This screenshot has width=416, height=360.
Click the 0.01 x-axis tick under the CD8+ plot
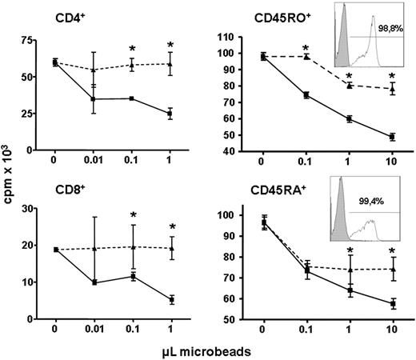click(x=94, y=329)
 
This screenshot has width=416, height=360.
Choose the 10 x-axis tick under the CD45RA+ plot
click(x=392, y=329)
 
